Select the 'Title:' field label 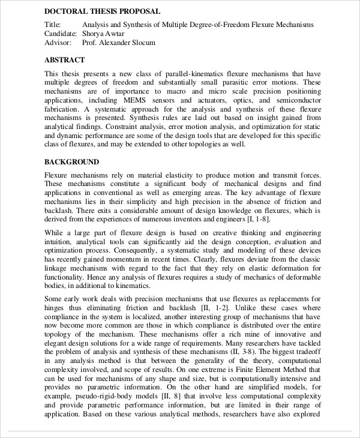click(53, 25)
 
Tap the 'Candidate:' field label click(61, 34)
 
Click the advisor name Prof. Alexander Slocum click(118, 43)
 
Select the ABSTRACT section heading click(65, 60)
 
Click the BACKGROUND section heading click(72, 162)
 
